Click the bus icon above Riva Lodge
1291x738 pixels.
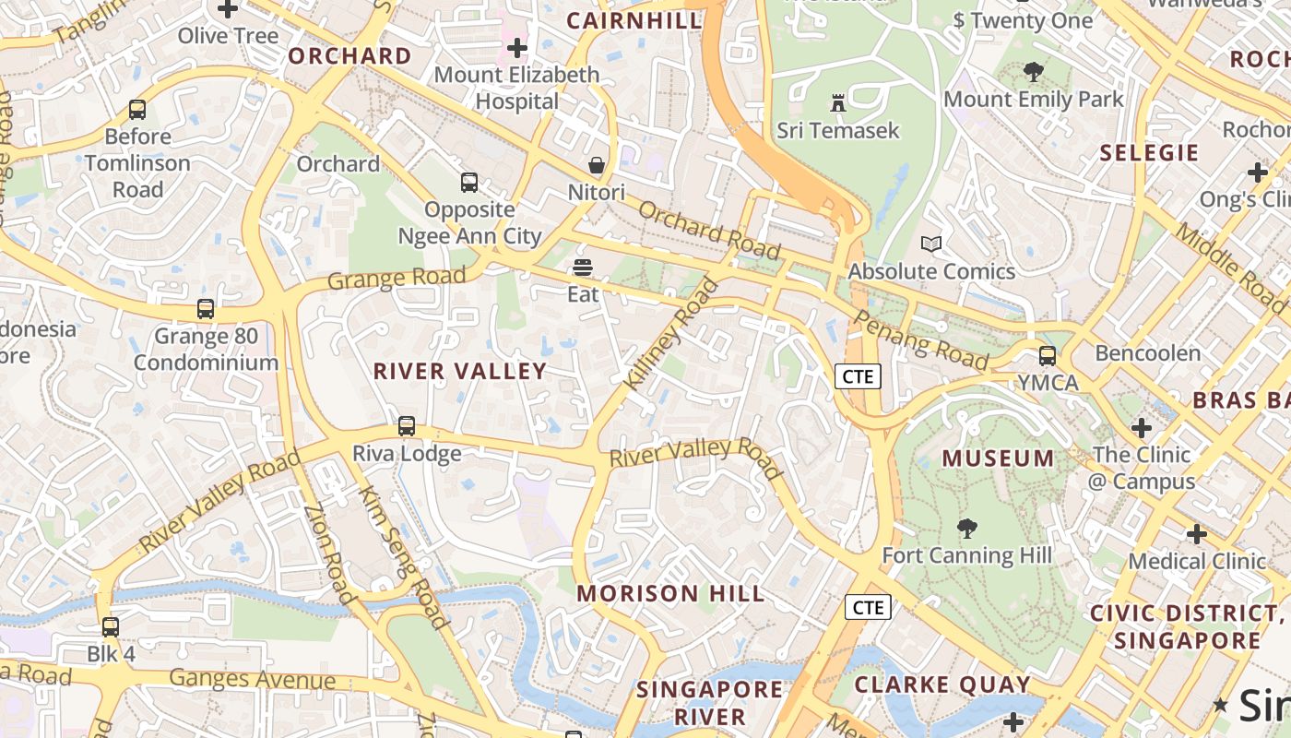click(407, 426)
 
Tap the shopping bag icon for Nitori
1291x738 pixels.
click(597, 166)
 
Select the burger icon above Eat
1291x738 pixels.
click(582, 268)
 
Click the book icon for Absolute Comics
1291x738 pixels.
click(931, 244)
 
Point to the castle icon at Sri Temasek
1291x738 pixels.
click(837, 102)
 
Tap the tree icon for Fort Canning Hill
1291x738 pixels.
click(966, 529)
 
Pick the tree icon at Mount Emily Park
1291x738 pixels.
click(1034, 72)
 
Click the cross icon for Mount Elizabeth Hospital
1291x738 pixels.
click(517, 47)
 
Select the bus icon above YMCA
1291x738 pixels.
click(1048, 355)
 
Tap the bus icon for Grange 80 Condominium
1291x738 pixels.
click(206, 309)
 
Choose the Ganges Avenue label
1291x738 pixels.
click(253, 680)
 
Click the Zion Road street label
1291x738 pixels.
click(329, 553)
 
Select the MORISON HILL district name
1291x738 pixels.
click(670, 593)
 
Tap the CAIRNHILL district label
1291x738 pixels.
click(634, 20)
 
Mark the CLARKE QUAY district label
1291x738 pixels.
click(942, 684)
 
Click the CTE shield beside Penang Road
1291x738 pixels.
click(859, 375)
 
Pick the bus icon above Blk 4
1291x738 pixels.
click(111, 627)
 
